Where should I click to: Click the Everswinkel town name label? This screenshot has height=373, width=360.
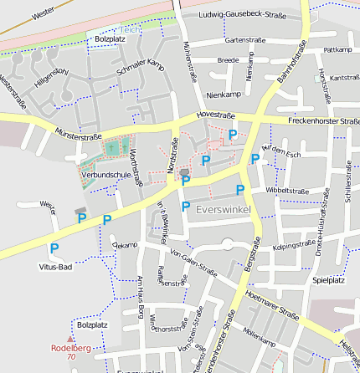(223, 208)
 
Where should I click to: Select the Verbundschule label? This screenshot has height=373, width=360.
(101, 174)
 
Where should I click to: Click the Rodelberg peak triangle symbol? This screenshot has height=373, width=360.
(71, 338)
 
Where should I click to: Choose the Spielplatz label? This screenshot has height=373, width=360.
(328, 280)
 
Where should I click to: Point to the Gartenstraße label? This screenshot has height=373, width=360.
(245, 39)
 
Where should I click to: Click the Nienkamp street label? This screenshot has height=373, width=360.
(223, 95)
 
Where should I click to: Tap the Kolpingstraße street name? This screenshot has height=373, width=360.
(294, 246)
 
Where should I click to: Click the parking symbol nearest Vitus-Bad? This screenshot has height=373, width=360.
(54, 248)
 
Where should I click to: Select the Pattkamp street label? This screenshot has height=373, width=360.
(337, 50)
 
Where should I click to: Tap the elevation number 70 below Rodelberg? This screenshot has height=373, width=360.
(71, 357)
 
